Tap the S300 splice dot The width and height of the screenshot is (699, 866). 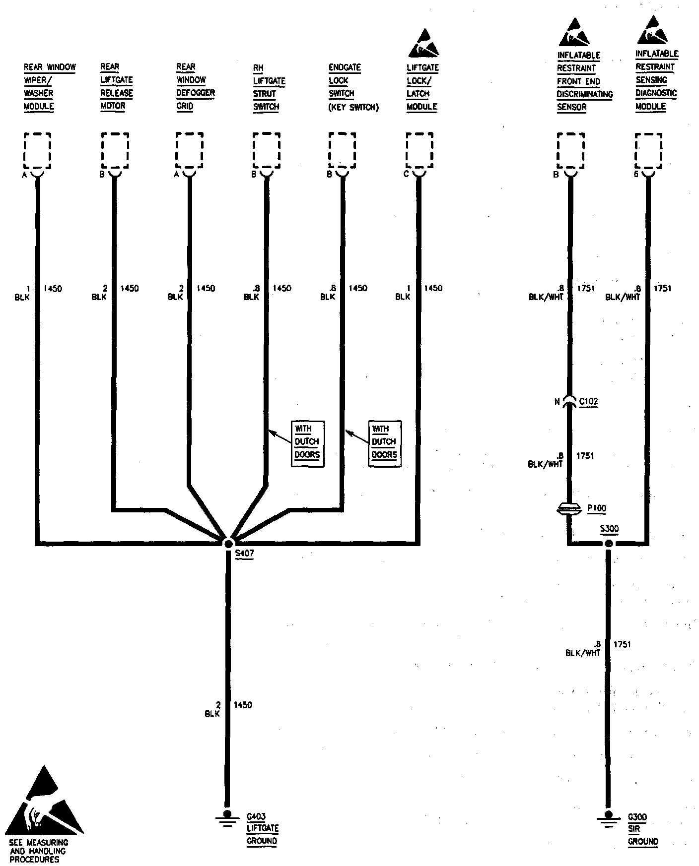click(x=609, y=544)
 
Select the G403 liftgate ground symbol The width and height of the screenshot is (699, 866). click(x=227, y=816)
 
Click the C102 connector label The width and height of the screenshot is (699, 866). click(x=589, y=401)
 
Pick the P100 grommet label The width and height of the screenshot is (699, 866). click(x=596, y=508)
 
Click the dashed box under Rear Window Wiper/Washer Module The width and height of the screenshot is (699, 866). click(x=37, y=151)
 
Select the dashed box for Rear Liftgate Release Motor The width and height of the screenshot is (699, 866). click(x=115, y=151)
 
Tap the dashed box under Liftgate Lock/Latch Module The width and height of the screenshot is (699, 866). click(x=419, y=151)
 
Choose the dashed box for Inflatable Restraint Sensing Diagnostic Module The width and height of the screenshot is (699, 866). click(x=648, y=151)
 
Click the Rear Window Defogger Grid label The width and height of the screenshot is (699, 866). click(x=195, y=86)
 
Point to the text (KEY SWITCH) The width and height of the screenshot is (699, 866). click(x=353, y=107)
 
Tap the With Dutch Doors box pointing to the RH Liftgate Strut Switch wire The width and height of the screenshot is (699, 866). click(x=307, y=443)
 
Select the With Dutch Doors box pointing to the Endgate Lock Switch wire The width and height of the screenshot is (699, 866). click(x=384, y=443)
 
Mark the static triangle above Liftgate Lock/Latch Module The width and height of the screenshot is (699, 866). click(x=423, y=44)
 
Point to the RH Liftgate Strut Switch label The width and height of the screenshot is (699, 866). click(x=269, y=87)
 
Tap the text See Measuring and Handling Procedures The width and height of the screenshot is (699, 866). click(x=38, y=851)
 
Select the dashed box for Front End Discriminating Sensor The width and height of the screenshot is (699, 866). click(x=571, y=151)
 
